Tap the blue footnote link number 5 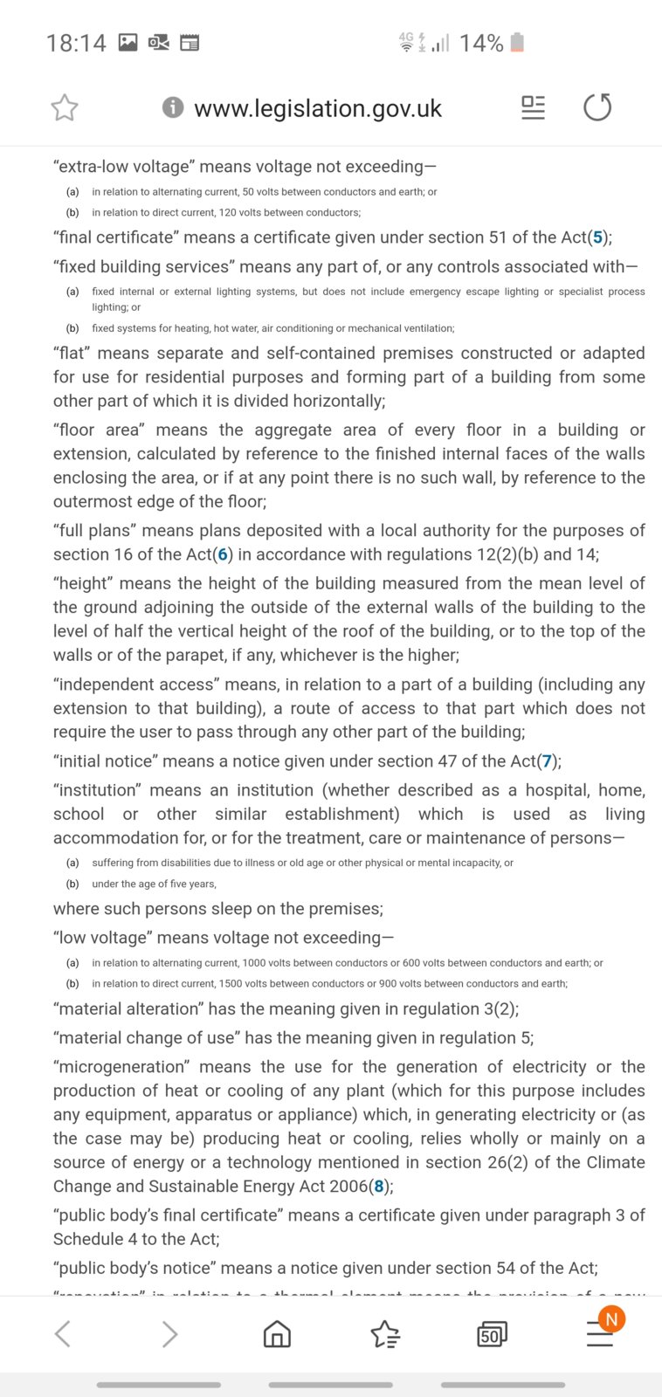(598, 237)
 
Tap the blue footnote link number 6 (223, 554)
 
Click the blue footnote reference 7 (548, 761)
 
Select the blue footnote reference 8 (379, 1187)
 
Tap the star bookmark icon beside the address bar (65, 108)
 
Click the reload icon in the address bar (597, 107)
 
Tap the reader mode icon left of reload (533, 107)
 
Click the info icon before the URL (173, 107)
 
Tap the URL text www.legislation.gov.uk (318, 108)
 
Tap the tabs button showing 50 (492, 1334)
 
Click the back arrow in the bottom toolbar (63, 1334)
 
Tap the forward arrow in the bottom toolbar (170, 1334)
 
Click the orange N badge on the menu (611, 1319)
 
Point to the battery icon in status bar (517, 42)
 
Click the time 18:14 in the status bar (76, 43)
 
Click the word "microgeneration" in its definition (121, 1067)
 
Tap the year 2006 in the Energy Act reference (347, 1187)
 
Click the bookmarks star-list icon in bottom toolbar (385, 1334)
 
